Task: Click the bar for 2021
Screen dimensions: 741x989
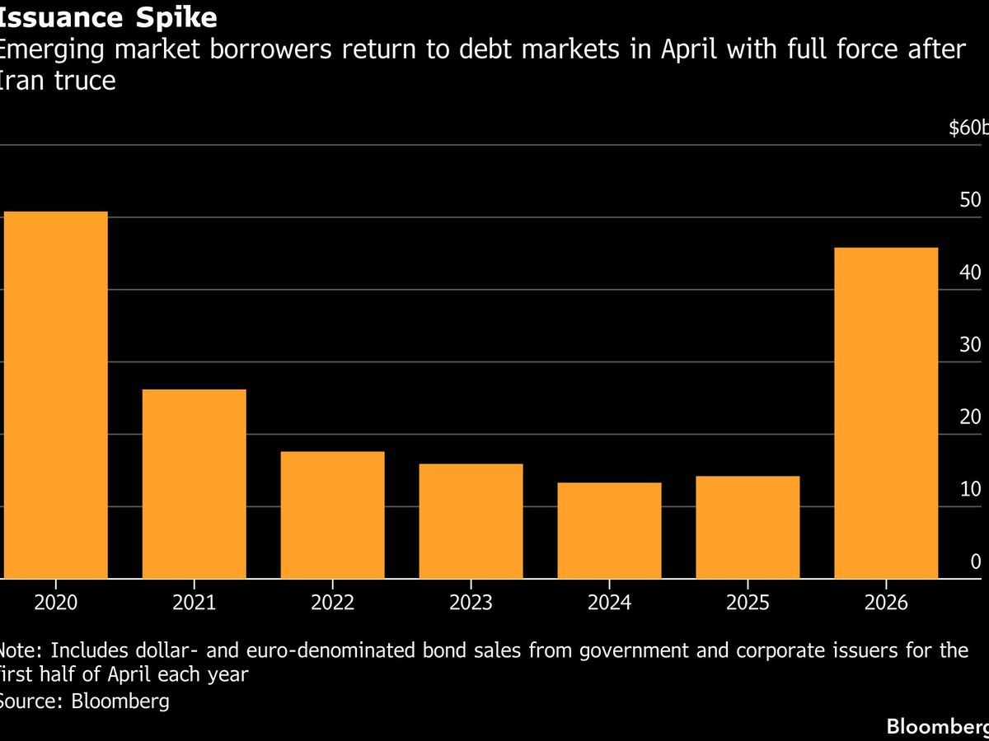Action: (x=194, y=484)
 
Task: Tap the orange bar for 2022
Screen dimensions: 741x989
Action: (x=332, y=515)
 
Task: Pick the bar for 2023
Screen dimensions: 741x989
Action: (x=471, y=521)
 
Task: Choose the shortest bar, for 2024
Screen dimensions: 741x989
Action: (x=609, y=530)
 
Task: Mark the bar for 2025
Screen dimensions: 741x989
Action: (x=748, y=527)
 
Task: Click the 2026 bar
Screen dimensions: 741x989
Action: (x=886, y=413)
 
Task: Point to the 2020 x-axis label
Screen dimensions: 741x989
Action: (x=55, y=603)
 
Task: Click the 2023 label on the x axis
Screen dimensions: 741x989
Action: (x=471, y=603)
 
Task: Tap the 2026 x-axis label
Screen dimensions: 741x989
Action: (x=886, y=603)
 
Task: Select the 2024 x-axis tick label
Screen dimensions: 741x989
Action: (x=609, y=603)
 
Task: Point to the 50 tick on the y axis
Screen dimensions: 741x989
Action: (x=970, y=201)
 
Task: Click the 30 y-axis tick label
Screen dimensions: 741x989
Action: (x=970, y=345)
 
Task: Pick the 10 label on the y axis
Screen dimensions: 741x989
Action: (x=970, y=490)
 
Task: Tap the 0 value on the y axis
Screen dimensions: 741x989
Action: (x=976, y=562)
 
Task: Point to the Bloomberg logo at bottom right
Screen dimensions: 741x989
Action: (x=937, y=726)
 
